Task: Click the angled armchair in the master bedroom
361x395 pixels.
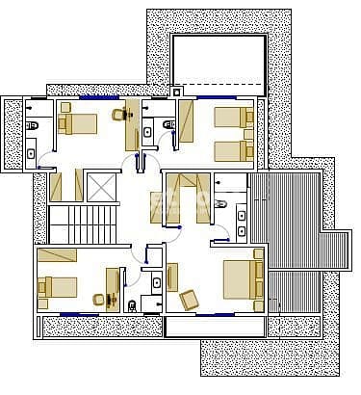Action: [x=190, y=300]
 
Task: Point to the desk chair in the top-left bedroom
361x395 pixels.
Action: [x=119, y=116]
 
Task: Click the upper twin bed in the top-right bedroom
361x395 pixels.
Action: [x=232, y=118]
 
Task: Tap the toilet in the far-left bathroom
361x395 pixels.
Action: [x=32, y=125]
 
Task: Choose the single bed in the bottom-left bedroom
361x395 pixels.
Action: [x=57, y=287]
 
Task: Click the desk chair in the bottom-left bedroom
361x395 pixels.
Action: [x=99, y=299]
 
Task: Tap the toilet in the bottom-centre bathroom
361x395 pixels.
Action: [x=131, y=306]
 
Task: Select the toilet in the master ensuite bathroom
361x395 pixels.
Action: [x=220, y=202]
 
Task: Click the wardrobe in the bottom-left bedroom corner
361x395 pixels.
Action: [x=57, y=254]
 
